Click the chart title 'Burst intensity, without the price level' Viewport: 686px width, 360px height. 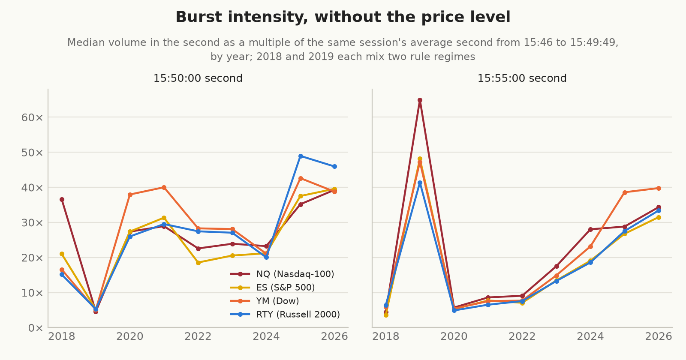343,17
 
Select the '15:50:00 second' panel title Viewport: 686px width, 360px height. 198,78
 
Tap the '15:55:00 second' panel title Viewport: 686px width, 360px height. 522,78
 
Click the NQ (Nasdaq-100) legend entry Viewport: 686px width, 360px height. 282,274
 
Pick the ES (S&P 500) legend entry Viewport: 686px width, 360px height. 273,288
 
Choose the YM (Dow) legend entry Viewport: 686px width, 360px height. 265,301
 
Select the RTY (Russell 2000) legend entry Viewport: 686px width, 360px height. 285,315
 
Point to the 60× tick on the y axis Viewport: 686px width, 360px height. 32,117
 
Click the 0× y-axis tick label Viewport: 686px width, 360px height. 35,328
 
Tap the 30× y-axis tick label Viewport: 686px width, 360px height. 32,223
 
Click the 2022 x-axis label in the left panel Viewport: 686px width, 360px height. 198,336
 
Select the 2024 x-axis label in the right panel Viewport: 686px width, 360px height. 590,336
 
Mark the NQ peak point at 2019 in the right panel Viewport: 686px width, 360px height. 420,100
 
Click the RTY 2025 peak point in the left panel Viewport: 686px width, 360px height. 301,156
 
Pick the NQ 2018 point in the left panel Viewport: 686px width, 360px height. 62,200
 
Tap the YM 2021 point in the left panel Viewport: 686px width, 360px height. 164,187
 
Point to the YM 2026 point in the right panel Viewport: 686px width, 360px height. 659,188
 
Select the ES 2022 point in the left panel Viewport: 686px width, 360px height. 198,263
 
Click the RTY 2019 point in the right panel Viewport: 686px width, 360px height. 420,183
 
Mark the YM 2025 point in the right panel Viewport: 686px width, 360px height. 625,192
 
